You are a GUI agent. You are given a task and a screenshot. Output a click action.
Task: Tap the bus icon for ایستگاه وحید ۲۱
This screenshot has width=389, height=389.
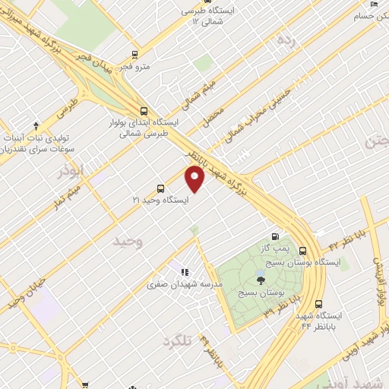[x=160, y=188]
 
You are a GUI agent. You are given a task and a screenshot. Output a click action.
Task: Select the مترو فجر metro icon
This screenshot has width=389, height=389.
[x=134, y=54]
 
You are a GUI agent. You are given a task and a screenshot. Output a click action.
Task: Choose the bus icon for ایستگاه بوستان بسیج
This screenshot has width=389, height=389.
[x=302, y=250]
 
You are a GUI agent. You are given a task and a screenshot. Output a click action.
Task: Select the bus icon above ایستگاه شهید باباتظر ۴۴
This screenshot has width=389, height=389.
[x=318, y=303]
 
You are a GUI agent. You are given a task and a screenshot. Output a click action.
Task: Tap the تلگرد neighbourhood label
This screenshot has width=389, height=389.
[x=178, y=343]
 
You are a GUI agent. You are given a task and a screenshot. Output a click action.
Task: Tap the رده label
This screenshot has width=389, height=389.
[x=286, y=39]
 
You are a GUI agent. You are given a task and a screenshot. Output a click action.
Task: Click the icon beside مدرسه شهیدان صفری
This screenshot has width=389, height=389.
[x=183, y=271]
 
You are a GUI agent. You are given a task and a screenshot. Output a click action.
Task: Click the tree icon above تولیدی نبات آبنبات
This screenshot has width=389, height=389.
[x=36, y=125]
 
